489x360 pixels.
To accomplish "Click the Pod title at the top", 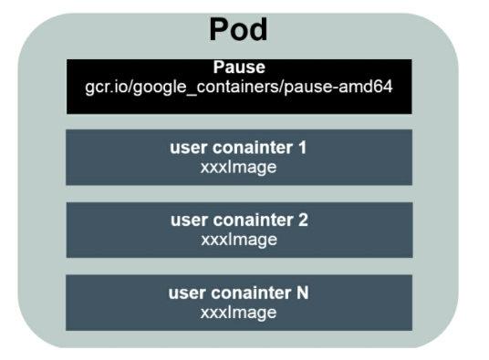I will click(x=239, y=30).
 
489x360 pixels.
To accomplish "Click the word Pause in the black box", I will click(x=239, y=68).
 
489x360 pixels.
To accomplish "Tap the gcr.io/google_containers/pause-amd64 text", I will click(x=239, y=87).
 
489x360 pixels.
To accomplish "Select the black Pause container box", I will click(x=239, y=101).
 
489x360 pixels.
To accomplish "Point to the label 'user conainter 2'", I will click(x=239, y=221).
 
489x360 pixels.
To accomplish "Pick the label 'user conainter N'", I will click(x=239, y=293).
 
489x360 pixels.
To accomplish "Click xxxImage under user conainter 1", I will click(x=239, y=168).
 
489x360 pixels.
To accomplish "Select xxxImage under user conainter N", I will click(x=239, y=312).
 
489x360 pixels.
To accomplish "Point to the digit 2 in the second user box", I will click(x=303, y=221).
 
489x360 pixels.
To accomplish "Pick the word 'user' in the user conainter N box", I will click(x=188, y=293).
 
